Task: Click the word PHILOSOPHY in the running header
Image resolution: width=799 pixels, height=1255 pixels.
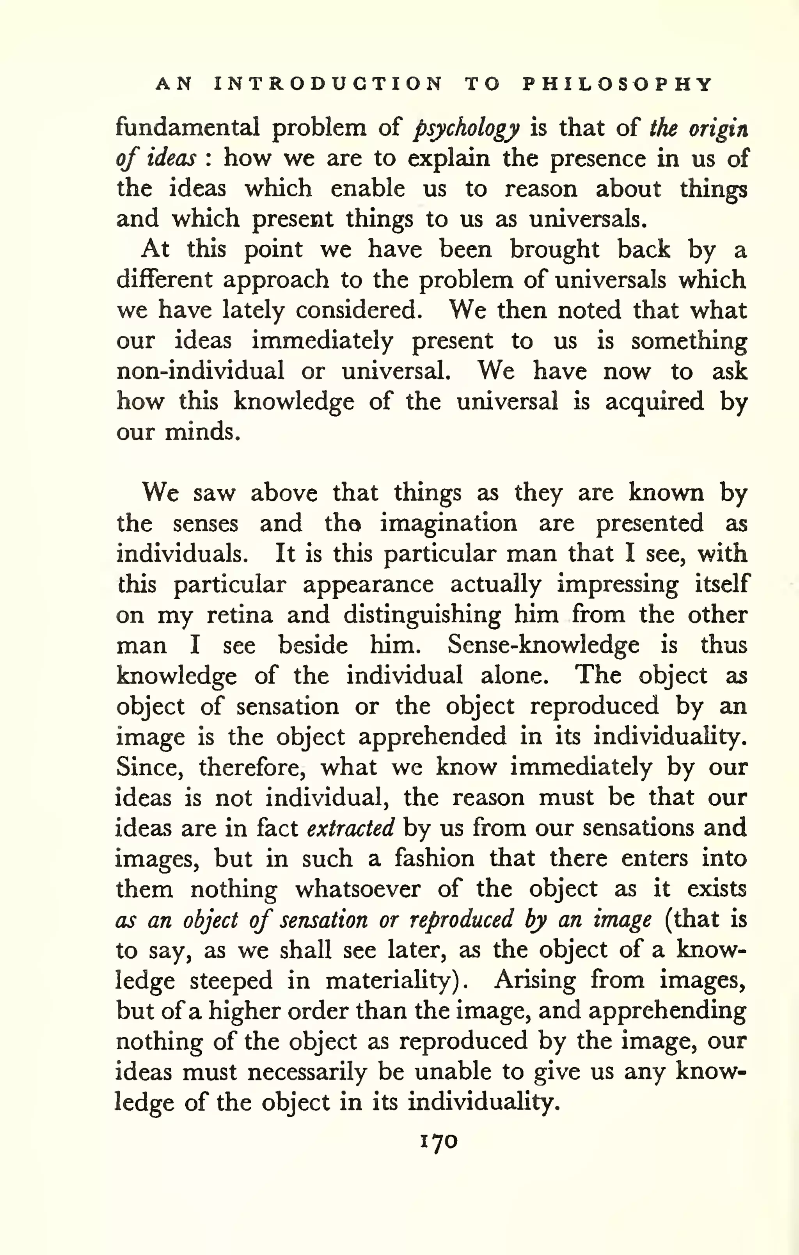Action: tap(617, 84)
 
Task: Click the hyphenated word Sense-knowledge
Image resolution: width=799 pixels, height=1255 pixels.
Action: tap(543, 645)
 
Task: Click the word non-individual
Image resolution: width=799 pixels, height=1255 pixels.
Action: tap(200, 371)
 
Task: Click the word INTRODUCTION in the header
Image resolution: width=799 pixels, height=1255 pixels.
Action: tap(328, 84)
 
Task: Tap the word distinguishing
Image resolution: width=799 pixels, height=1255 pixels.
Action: tap(421, 616)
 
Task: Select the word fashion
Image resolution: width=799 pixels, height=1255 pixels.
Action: tap(434, 858)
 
